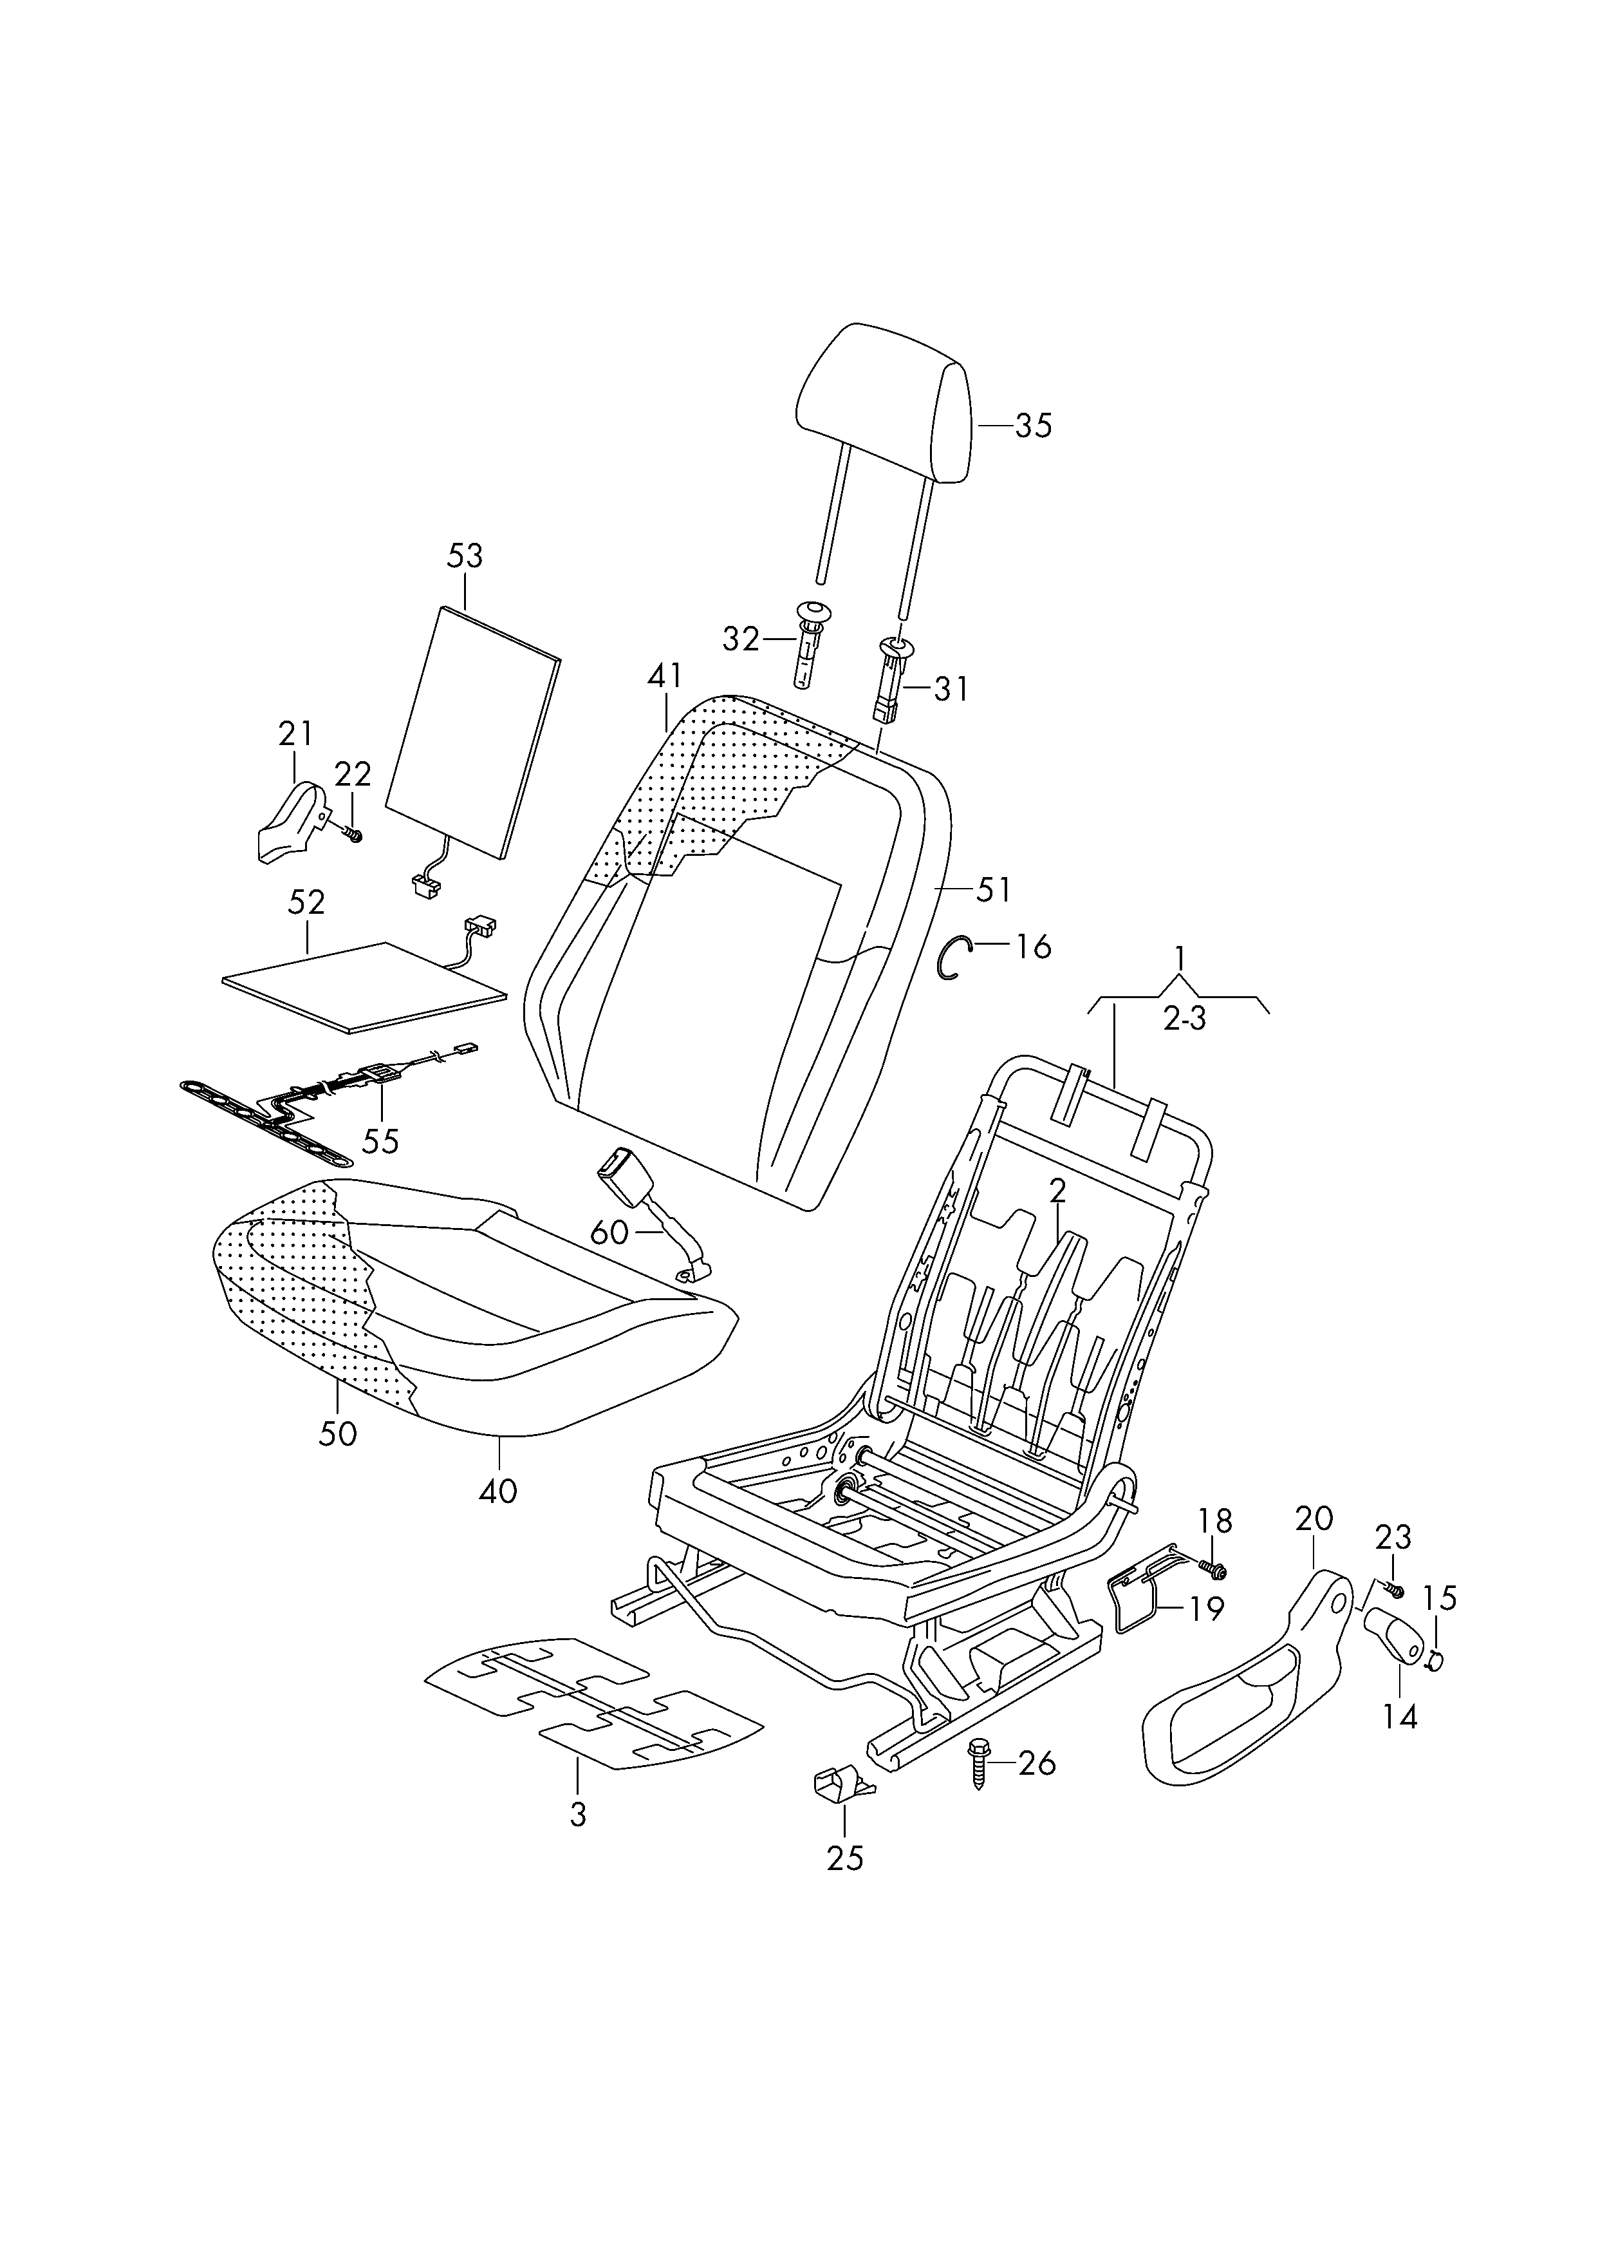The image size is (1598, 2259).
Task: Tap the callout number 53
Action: (x=465, y=556)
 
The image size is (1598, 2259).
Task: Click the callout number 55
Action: (x=381, y=1141)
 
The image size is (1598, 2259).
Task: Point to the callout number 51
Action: (x=993, y=890)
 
